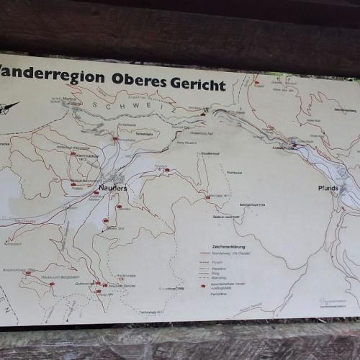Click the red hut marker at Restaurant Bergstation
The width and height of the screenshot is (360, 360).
tap(51, 283)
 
